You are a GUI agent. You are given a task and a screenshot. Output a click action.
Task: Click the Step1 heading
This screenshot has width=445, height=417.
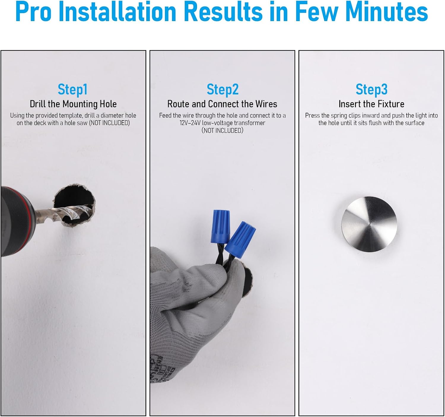click(x=72, y=90)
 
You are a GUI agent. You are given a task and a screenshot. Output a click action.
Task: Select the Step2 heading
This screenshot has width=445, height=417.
click(x=223, y=90)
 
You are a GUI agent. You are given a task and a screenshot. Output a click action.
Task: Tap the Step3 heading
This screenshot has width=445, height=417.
click(x=371, y=89)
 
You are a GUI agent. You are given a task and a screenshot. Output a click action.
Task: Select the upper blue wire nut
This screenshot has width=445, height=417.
click(x=220, y=226)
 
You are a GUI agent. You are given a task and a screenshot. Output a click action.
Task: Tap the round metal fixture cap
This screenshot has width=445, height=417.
click(x=369, y=224)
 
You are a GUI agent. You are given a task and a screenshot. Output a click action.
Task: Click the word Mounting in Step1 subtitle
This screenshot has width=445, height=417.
click(x=80, y=104)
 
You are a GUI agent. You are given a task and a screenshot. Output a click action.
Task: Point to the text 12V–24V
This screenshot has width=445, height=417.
click(x=190, y=123)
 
